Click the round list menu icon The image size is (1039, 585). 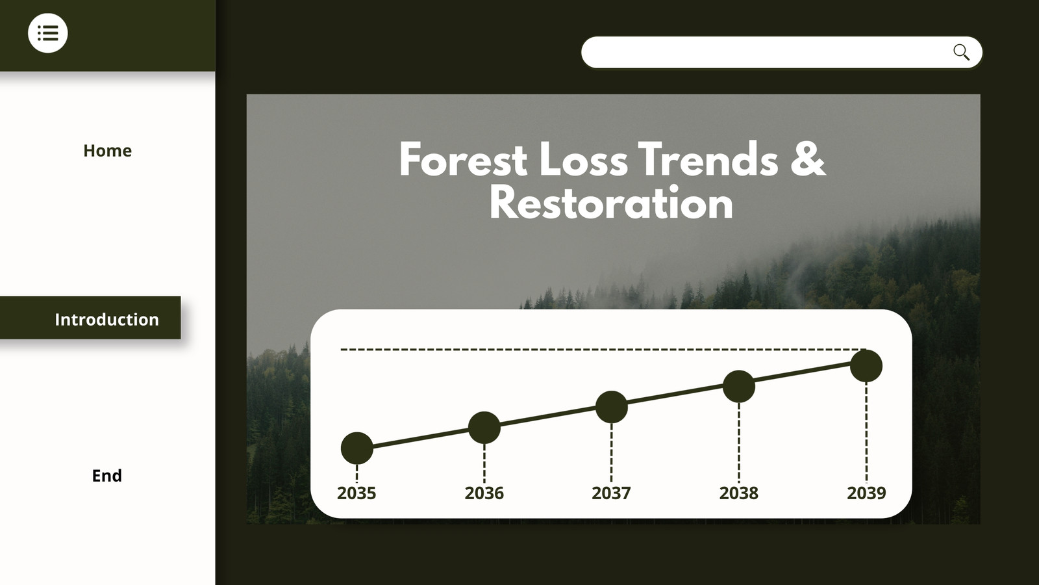[48, 33]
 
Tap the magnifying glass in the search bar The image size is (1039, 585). [961, 52]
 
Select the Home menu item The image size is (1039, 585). [108, 150]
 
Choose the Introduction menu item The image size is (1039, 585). [106, 319]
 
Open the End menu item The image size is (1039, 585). [106, 475]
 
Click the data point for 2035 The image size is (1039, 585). [357, 448]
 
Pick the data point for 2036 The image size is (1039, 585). [484, 428]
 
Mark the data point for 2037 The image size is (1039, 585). [611, 407]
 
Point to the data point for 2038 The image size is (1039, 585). [739, 386]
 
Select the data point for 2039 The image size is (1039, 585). [866, 366]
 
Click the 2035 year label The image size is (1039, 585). [357, 493]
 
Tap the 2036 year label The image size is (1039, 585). [484, 493]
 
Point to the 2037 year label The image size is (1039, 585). [611, 493]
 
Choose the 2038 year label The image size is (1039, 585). [739, 493]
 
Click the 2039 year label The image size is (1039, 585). [866, 493]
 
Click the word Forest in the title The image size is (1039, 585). [464, 159]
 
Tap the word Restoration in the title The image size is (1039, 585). [611, 202]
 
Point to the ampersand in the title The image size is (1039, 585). [808, 159]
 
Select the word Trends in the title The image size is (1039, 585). [708, 159]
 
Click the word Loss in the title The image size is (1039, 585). [584, 159]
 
